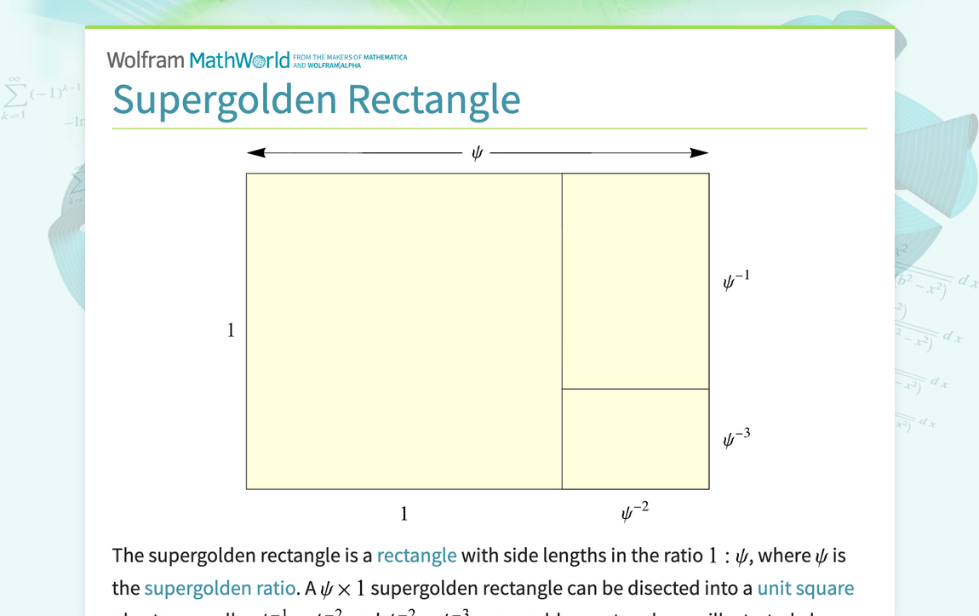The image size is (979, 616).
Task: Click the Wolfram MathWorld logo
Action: point(198,60)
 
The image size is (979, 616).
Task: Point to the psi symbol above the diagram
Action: point(477,153)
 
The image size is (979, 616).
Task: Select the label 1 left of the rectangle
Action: point(231,331)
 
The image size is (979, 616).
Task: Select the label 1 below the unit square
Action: point(404,514)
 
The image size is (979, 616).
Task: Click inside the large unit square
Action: point(404,331)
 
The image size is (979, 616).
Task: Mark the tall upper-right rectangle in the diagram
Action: point(635,281)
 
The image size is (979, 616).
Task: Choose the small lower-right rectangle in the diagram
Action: point(635,439)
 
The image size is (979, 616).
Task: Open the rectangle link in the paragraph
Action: point(416,556)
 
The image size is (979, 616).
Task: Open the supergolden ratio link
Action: point(220,588)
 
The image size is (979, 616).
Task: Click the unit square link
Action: point(804,588)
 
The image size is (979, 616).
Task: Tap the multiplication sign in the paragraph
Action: point(342,589)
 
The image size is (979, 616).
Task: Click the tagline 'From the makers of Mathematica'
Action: point(350,58)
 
